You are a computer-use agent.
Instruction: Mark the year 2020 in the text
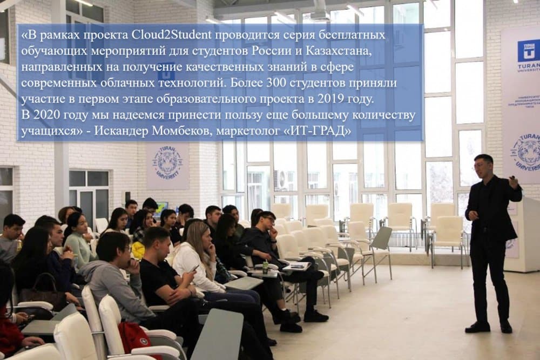point(46,116)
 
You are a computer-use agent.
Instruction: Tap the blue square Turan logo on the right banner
point(528,51)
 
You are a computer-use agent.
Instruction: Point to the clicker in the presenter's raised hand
point(513,178)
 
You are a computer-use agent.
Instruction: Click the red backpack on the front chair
point(134,339)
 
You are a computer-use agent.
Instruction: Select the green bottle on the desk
point(266,267)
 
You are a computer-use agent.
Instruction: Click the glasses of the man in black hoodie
point(269,219)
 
